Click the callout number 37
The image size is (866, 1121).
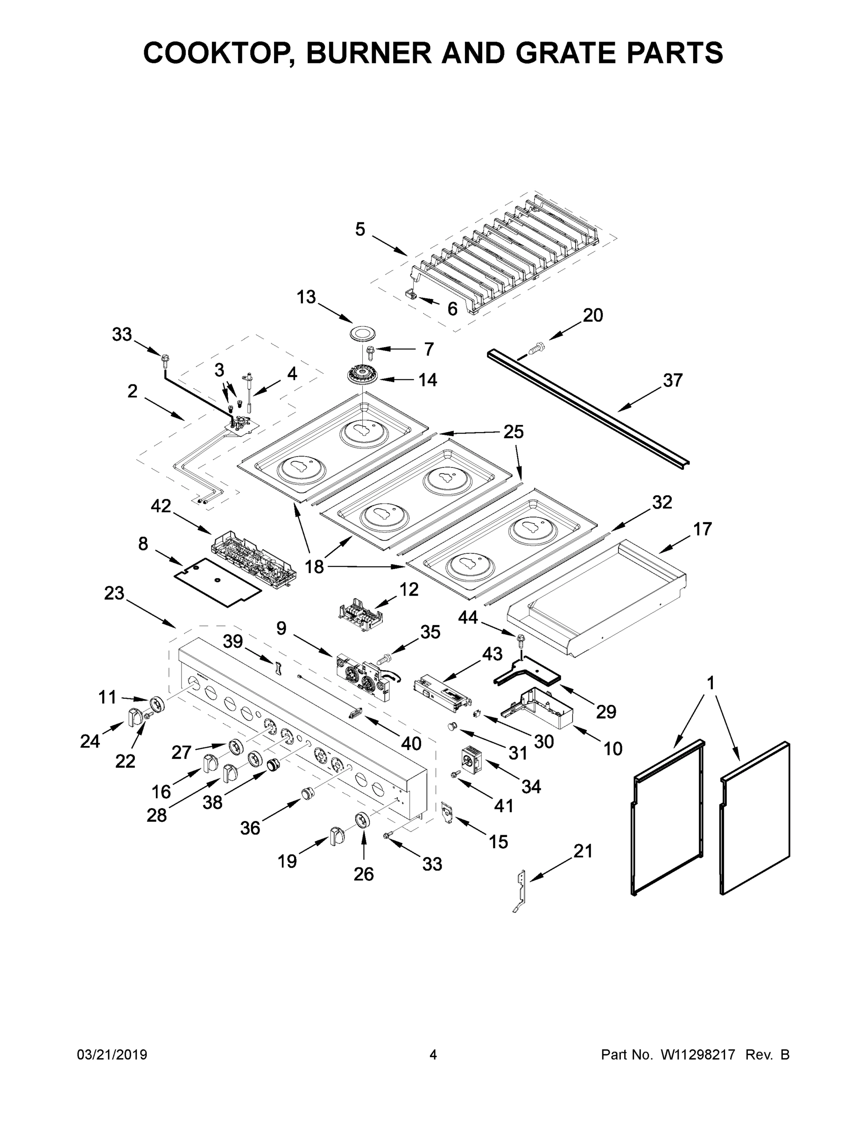pos(673,380)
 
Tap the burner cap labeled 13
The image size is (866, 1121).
pos(365,333)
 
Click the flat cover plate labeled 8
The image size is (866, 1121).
pos(218,582)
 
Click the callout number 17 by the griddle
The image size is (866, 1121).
pos(702,529)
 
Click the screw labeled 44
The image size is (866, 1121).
pos(521,639)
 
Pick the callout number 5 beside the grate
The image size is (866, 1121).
pos(360,229)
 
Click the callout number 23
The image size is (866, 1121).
pos(114,593)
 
